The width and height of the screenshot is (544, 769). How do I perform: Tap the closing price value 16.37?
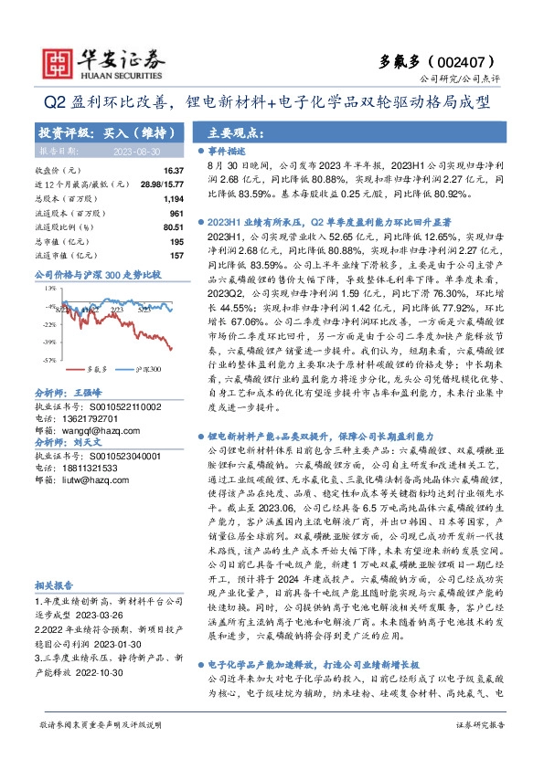click(x=174, y=171)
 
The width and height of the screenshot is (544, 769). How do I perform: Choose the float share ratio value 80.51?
click(x=174, y=226)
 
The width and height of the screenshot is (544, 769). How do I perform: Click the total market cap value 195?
click(x=177, y=241)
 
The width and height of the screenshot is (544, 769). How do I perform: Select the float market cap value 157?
click(x=177, y=255)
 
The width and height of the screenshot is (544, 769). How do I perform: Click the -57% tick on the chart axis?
click(x=47, y=361)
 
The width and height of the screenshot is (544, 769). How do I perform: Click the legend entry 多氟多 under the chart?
click(x=96, y=370)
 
